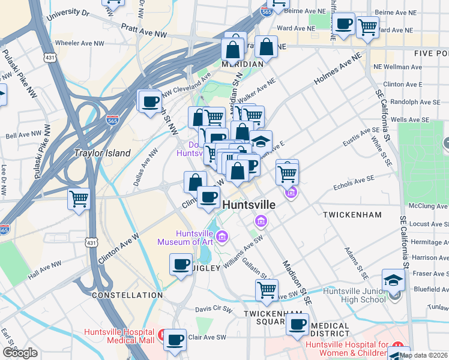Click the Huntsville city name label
[249, 205]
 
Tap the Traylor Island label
[101, 153]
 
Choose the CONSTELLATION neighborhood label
[127, 295]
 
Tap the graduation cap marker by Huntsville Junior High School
[393, 280]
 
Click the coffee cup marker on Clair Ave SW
[175, 340]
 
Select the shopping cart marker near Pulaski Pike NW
[79, 199]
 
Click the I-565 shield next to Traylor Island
[112, 121]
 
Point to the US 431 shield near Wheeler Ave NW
[50, 57]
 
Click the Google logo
[20, 353]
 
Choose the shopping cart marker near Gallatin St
[267, 290]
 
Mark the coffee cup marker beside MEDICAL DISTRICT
[297, 324]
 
